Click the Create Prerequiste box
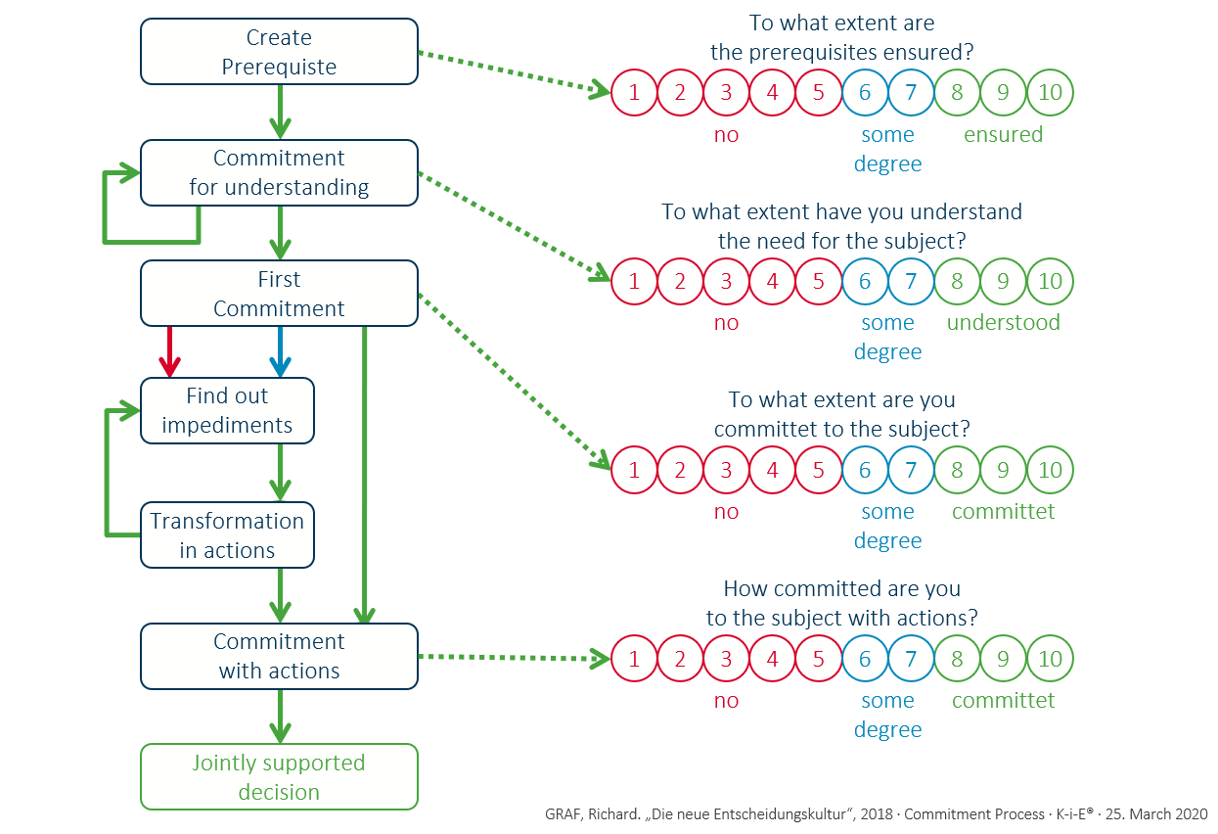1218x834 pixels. click(279, 53)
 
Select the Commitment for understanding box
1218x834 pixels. click(279, 173)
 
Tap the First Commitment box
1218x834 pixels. click(279, 294)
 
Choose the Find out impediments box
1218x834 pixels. click(227, 411)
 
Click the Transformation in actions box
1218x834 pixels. click(227, 535)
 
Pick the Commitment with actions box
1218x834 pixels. click(279, 656)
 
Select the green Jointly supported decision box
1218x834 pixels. click(279, 777)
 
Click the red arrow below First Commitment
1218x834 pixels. click(170, 351)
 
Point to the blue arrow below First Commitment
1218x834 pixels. click(280, 351)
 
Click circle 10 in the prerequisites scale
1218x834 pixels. click(1050, 93)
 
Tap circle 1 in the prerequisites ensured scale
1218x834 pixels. click(635, 93)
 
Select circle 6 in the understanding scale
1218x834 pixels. click(865, 282)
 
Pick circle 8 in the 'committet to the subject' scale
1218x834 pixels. click(957, 470)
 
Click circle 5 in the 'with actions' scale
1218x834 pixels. click(819, 659)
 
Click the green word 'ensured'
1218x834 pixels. click(1003, 135)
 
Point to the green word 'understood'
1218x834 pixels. click(1003, 323)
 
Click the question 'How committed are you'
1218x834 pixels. click(841, 589)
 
